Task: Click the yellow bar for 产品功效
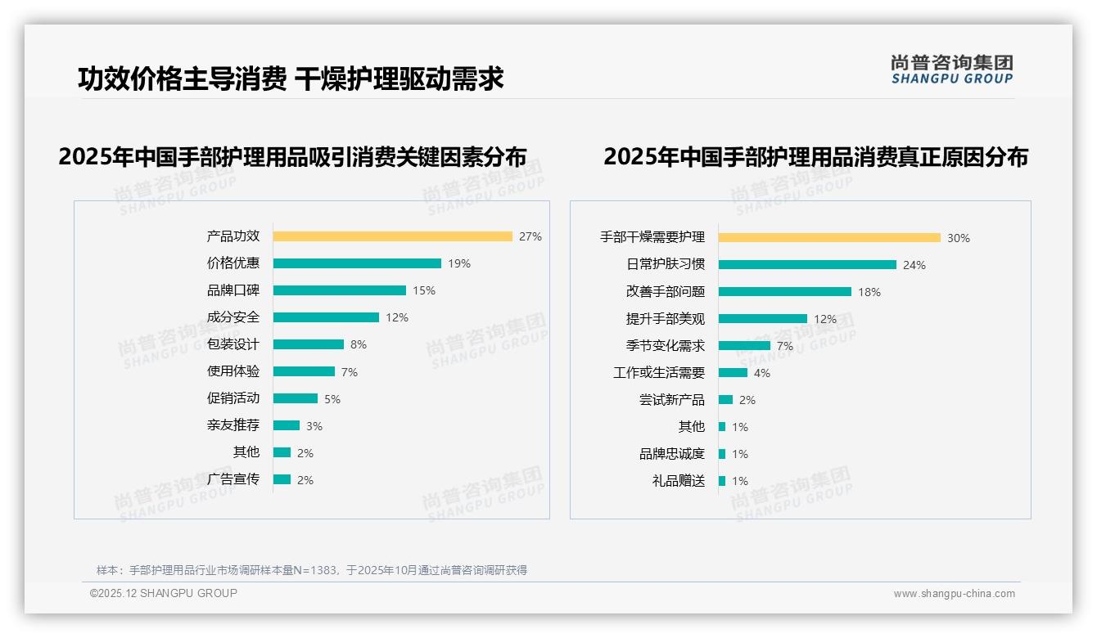(392, 236)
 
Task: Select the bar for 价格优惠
(357, 263)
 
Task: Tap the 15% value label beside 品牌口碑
(424, 290)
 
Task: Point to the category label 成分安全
(233, 317)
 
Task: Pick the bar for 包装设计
(309, 344)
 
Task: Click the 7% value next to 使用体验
(350, 372)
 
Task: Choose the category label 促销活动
(233, 398)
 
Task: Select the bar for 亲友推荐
(287, 425)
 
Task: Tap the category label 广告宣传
(233, 479)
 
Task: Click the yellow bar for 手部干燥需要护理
(829, 238)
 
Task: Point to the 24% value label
(914, 265)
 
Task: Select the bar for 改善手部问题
(785, 291)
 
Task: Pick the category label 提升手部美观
(666, 319)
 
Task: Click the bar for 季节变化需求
(744, 345)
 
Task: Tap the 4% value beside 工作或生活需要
(762, 373)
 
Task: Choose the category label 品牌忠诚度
(672, 454)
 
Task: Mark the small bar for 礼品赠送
(722, 481)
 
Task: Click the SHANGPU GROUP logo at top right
(952, 70)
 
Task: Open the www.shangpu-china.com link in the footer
(954, 594)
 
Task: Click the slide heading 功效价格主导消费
(182, 79)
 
